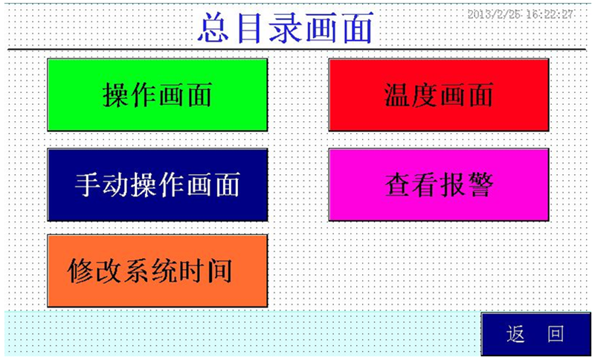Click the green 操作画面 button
(x=158, y=95)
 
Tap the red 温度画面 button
(x=439, y=95)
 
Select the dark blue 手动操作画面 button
(x=158, y=184)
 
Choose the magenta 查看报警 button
(x=439, y=184)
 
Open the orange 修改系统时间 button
(x=158, y=271)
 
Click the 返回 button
(x=535, y=334)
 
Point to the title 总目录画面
(x=286, y=28)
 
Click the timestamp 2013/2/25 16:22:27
(x=520, y=14)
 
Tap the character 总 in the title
(x=213, y=28)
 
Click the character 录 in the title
(x=286, y=28)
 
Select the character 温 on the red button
(x=397, y=95)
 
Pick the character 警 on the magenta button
(x=480, y=184)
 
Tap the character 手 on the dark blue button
(x=89, y=184)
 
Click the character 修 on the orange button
(x=81, y=271)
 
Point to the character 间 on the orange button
(x=219, y=271)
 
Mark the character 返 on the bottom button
(x=515, y=334)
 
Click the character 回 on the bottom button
(x=556, y=334)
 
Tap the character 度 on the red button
(x=425, y=95)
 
